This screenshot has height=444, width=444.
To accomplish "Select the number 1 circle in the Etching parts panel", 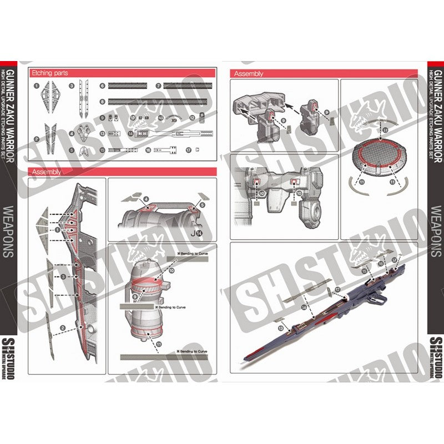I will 36,87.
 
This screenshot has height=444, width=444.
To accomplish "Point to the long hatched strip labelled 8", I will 161,102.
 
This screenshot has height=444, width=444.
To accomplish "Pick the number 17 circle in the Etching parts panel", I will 189,150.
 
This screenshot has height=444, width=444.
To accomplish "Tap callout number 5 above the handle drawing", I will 202,205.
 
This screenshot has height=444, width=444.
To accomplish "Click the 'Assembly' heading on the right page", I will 249,73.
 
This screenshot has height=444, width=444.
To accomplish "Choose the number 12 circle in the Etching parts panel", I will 192,118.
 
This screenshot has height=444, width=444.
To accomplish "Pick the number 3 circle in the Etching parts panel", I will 72,87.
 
